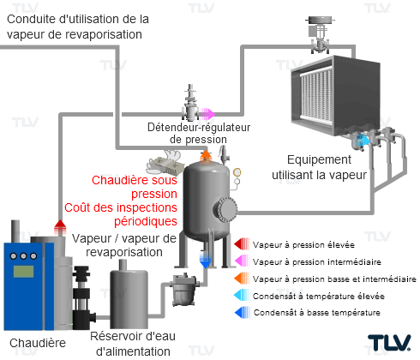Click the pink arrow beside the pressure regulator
pos(207,114)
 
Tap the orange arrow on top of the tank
pos(206,157)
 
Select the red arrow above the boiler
pos(60,227)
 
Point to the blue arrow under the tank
pos(205,261)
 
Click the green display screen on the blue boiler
pos(23,272)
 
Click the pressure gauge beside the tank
pos(237,172)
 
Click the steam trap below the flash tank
pos(183,289)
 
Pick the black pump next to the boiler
pos(82,297)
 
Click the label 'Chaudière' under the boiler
pos(38,343)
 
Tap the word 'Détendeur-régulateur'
pos(199,128)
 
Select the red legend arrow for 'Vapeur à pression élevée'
pos(242,244)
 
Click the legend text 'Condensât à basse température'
pos(317,313)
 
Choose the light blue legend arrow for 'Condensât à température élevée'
pos(242,295)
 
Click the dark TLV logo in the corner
pos(389,342)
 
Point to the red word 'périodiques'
pos(146,221)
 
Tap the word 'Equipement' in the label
pos(319,159)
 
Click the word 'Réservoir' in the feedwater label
pos(112,336)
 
